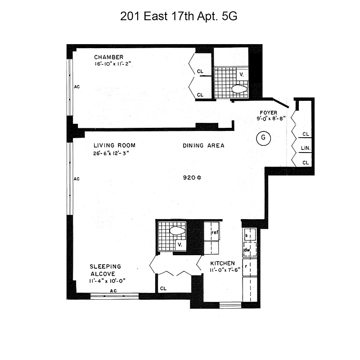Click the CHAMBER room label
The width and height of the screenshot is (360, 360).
108,57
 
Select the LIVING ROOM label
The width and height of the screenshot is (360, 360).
114,145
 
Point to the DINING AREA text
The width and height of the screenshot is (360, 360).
203,145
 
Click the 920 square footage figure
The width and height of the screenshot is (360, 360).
191,178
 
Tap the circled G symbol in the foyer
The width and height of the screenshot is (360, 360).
262,139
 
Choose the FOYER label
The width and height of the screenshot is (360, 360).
268,112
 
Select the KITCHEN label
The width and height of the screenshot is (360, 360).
223,263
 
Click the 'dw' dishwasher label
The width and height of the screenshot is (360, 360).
247,250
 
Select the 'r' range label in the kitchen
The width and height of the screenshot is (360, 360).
246,266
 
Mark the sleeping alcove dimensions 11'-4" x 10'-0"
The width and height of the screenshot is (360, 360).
107,281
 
